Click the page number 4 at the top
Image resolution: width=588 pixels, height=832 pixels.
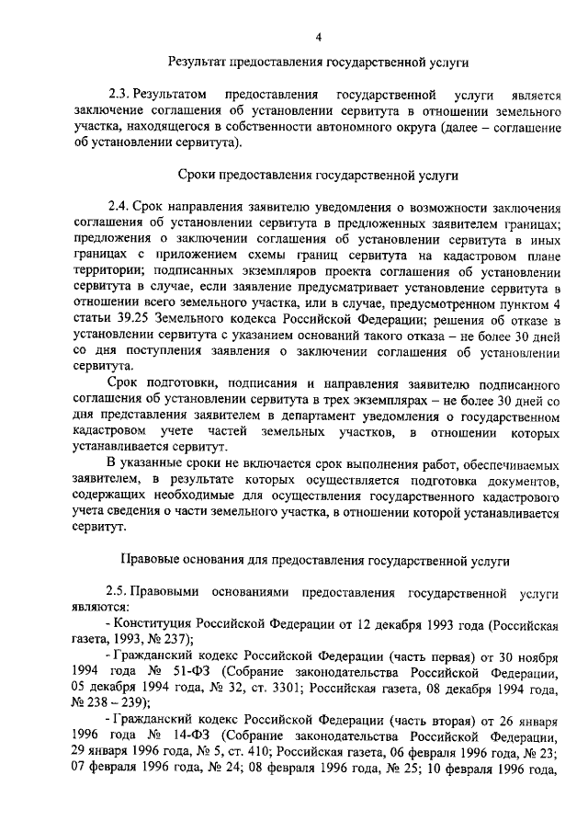click(x=318, y=37)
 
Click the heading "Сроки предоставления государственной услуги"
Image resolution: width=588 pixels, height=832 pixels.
click(x=318, y=175)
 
